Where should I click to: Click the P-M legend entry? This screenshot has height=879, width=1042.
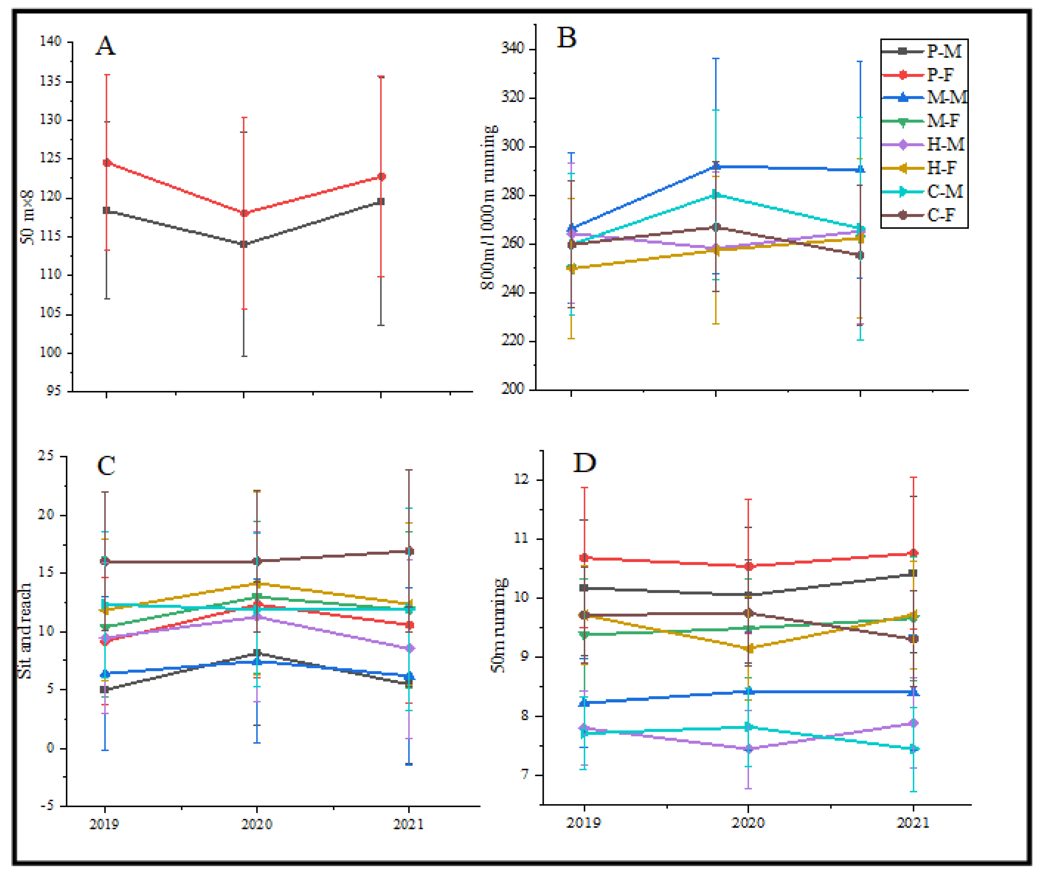point(922,51)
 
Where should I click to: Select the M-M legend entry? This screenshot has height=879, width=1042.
point(925,97)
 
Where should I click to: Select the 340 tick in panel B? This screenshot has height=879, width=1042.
point(512,48)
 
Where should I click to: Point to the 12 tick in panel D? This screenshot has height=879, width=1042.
point(521,479)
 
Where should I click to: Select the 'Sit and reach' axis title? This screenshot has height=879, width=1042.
point(24,630)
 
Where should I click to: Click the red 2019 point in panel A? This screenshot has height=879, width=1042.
point(106,162)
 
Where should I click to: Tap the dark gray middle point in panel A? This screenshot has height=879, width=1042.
point(244,244)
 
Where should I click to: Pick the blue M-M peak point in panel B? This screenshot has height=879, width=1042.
point(716,166)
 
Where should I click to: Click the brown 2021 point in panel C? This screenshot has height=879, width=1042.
point(409,551)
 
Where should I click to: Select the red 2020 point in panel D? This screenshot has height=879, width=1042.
point(748,566)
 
